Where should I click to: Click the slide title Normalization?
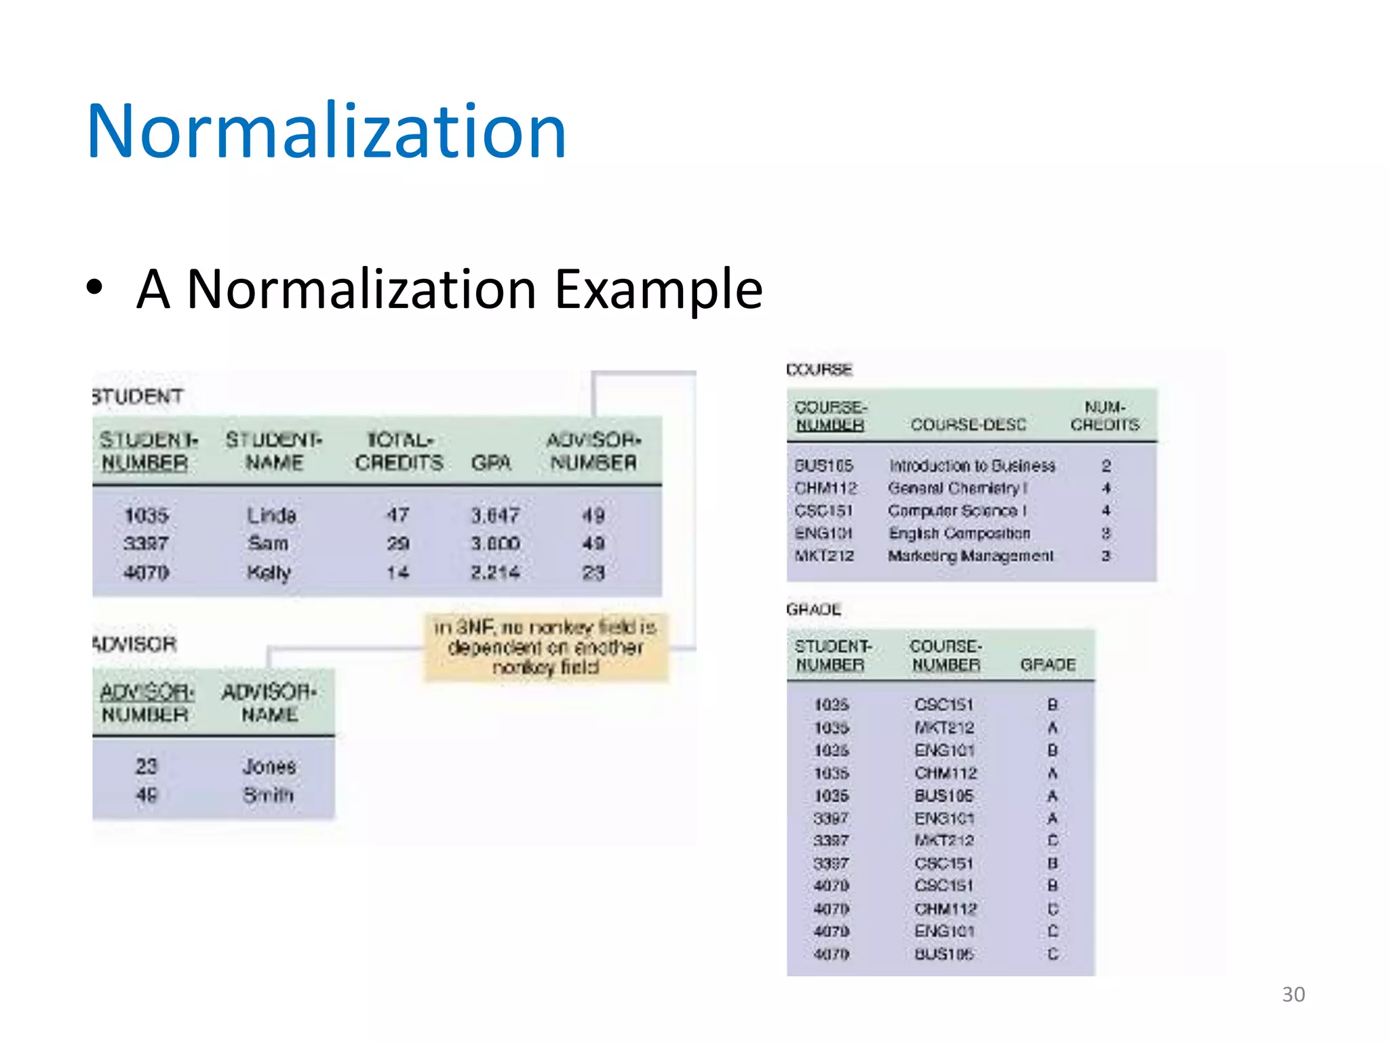[326, 131]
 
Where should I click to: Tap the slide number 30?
[1293, 995]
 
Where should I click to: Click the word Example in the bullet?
[659, 290]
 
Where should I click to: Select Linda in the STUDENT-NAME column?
[271, 516]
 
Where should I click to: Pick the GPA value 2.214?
[495, 573]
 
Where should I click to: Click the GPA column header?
[491, 463]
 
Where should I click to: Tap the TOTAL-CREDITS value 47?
[397, 516]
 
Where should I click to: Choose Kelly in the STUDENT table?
[269, 573]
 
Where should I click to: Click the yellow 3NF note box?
[546, 647]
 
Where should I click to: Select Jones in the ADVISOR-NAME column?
[269, 767]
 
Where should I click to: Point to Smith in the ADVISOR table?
[269, 794]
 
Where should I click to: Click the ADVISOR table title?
[134, 644]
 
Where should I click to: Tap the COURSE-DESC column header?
[968, 425]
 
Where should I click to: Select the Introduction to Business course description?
[972, 465]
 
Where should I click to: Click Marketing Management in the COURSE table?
[971, 556]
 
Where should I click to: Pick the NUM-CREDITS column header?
[1105, 416]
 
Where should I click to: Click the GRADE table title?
[813, 609]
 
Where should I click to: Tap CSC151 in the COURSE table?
[823, 510]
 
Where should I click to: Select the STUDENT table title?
[138, 396]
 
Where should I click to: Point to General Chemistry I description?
[958, 488]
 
